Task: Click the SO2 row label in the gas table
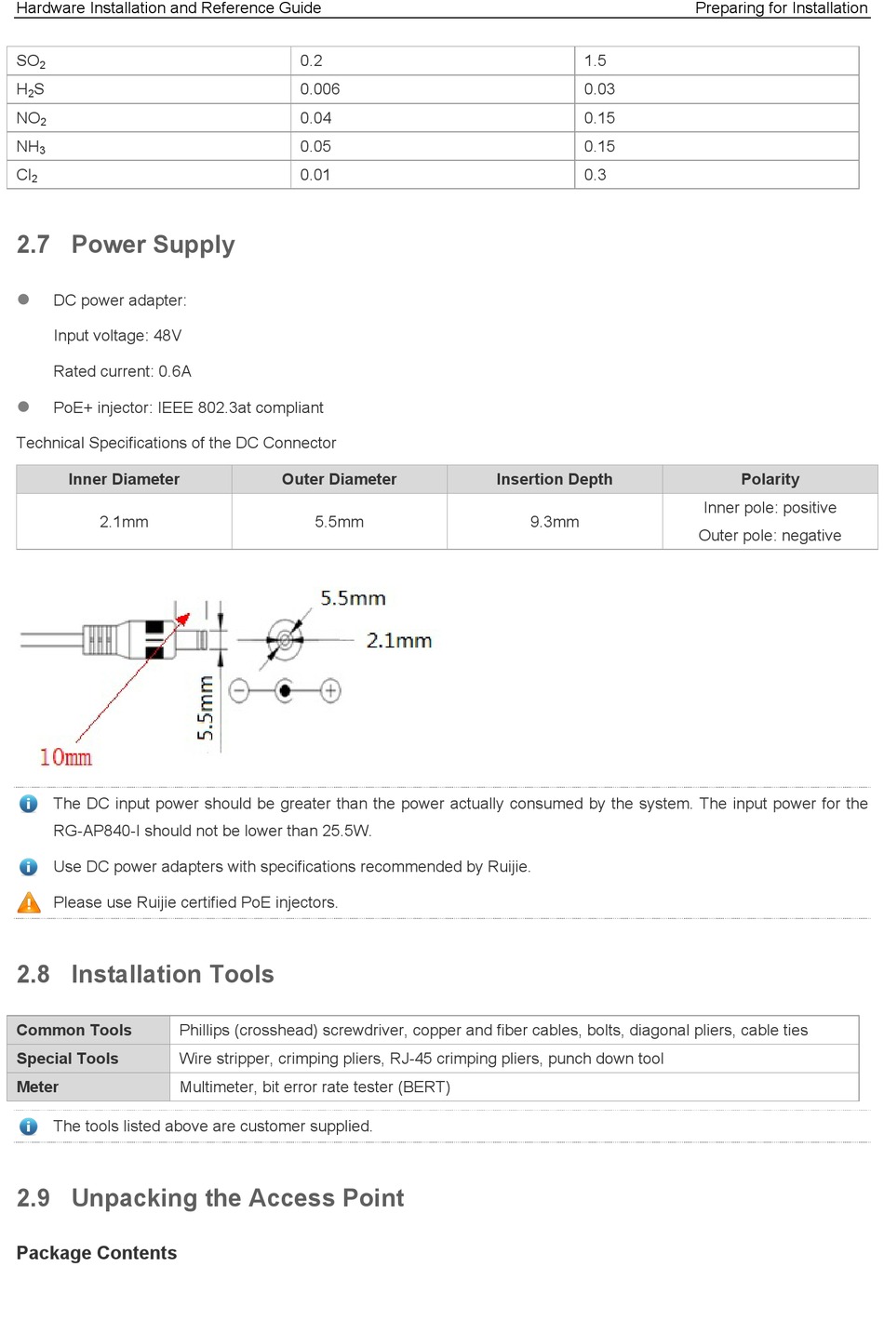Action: coord(31,61)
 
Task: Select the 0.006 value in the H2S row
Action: coord(319,89)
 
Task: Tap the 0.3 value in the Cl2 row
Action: coord(595,175)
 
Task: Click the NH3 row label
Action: coord(31,147)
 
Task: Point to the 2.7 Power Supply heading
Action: coord(126,245)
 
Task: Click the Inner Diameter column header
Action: coord(124,479)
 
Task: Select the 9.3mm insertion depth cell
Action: coord(555,522)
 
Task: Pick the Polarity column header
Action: coord(770,479)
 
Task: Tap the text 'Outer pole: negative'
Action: coord(770,536)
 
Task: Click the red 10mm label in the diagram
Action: coord(65,757)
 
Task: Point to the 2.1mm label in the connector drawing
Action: coord(398,641)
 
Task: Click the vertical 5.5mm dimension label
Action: coord(206,708)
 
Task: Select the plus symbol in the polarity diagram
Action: coord(330,690)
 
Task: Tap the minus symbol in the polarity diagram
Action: coord(239,691)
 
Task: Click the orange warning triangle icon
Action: coord(29,902)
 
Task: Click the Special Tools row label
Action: coord(67,1059)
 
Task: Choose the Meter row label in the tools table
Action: coord(37,1087)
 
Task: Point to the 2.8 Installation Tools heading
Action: coord(145,974)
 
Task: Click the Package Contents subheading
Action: coord(97,1253)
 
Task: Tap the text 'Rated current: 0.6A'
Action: coord(122,371)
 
